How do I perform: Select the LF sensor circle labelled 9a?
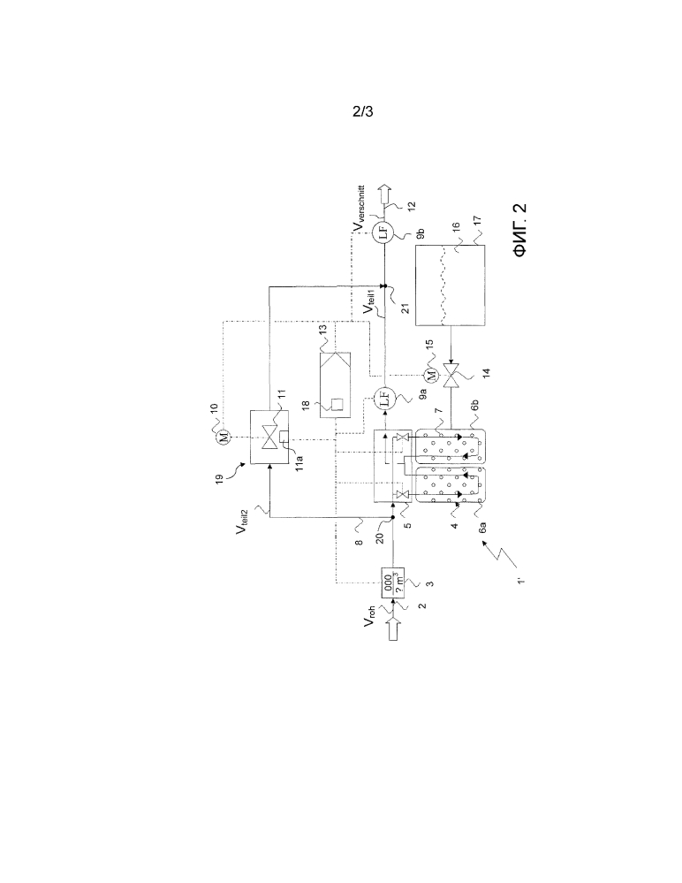(384, 397)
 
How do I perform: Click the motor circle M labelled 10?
(224, 437)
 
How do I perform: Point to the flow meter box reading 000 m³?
(393, 582)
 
